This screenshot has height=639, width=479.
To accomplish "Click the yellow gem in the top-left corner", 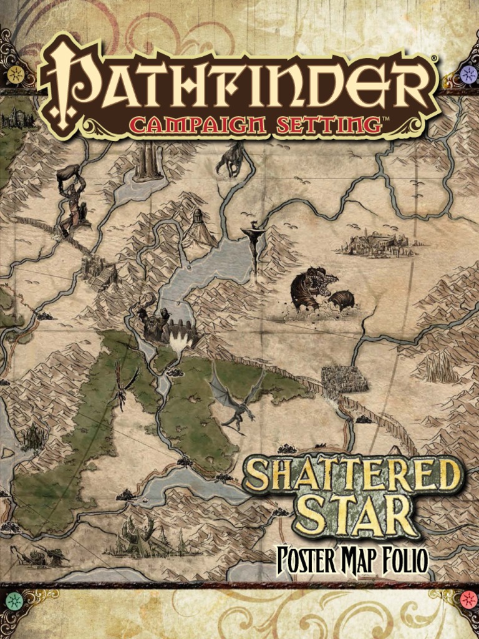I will (x=16, y=75).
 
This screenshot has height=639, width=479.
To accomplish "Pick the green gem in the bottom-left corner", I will (x=14, y=600).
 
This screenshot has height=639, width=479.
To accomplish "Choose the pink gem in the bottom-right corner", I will (x=467, y=600).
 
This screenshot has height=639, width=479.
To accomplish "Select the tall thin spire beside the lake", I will (x=254, y=250).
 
